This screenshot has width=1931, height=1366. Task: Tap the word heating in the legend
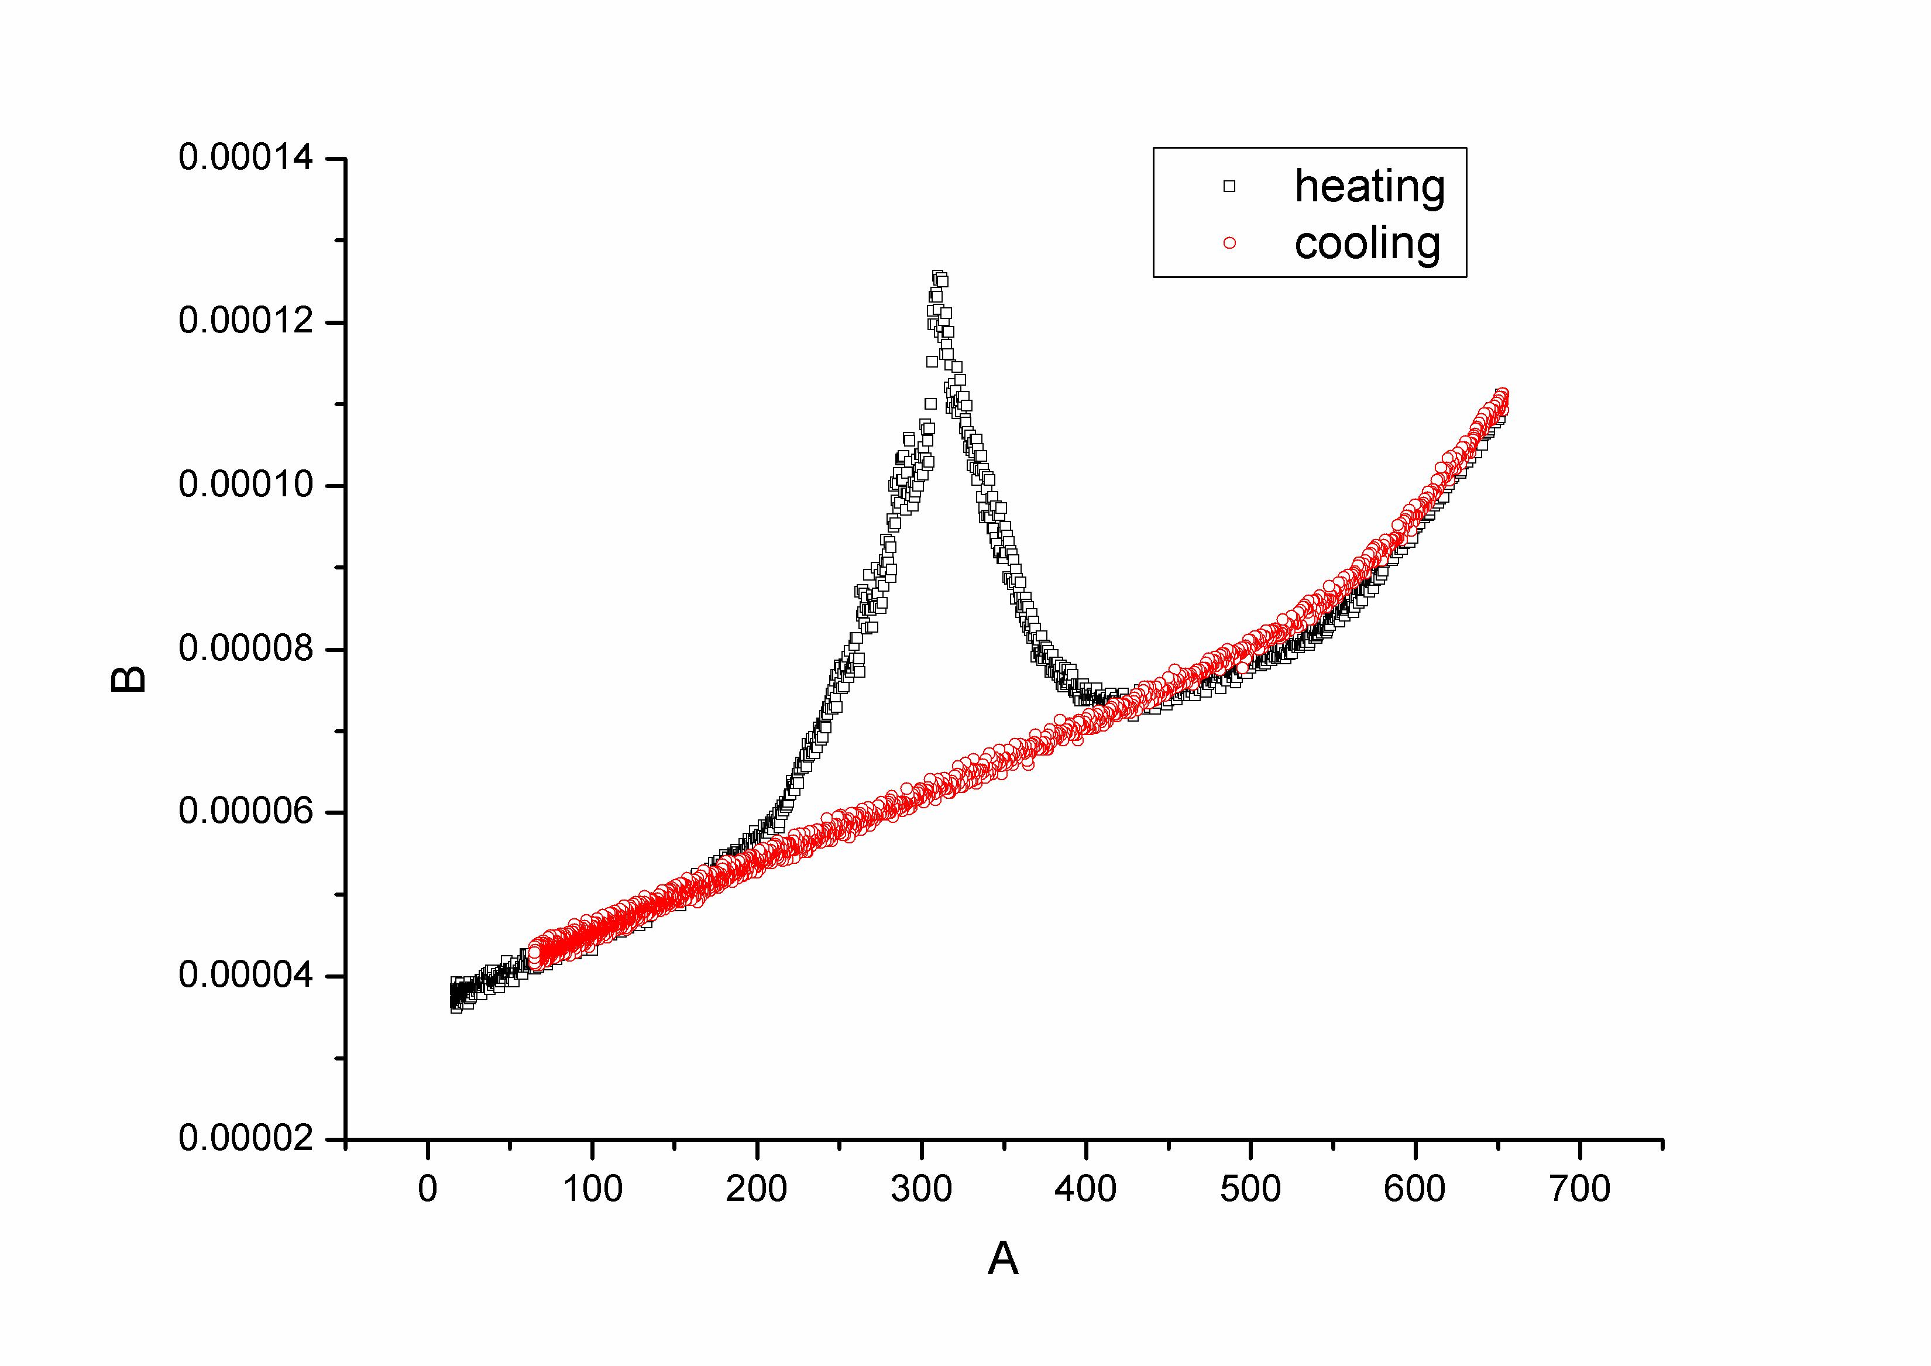[1369, 186]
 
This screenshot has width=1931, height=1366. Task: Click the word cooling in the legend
[1367, 243]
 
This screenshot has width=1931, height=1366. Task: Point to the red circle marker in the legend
[1229, 243]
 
